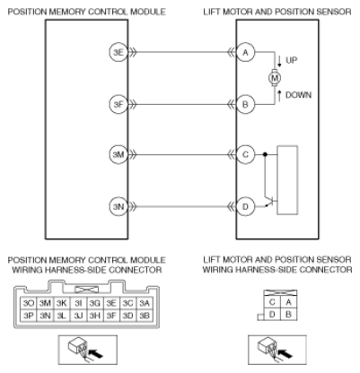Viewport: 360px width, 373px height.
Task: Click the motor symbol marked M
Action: pyautogui.click(x=275, y=78)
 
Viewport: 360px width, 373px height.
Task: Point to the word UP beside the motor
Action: pyautogui.click(x=292, y=60)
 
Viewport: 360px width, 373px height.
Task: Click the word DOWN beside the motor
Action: pyautogui.click(x=298, y=95)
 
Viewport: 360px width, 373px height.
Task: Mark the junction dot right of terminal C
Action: pyautogui.click(x=265, y=154)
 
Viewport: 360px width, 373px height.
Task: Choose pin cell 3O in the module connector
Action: pyautogui.click(x=29, y=303)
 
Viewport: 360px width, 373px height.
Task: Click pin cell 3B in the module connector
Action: pyautogui.click(x=145, y=316)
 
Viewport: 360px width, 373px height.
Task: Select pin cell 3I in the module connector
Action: pyautogui.click(x=78, y=303)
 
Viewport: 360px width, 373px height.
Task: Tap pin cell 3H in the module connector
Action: pyautogui.click(x=94, y=316)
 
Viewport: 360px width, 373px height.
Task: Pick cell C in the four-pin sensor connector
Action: pyautogui.click(x=272, y=302)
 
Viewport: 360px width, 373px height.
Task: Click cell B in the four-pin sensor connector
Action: pyautogui.click(x=288, y=315)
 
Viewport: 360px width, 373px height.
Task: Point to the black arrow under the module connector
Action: pyautogui.click(x=96, y=353)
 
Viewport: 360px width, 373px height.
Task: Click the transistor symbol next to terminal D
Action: pyautogui.click(x=271, y=201)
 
